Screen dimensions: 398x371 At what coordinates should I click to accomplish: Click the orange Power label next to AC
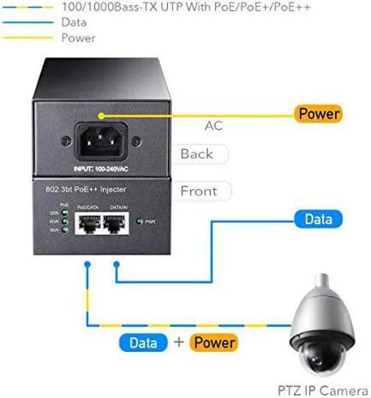coord(318,114)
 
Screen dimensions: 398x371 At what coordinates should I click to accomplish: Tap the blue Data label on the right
coord(318,218)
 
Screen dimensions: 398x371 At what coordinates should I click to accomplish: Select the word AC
coord(214,126)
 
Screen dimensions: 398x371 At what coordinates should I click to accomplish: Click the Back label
coord(197,154)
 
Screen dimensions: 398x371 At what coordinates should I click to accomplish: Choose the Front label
coord(198,191)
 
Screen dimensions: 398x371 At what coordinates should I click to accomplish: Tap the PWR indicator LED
coord(140,221)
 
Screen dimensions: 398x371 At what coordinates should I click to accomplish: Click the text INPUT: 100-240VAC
coord(101,169)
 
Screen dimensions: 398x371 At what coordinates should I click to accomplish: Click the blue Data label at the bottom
coord(144,343)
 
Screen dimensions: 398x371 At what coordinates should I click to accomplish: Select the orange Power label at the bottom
coord(214,343)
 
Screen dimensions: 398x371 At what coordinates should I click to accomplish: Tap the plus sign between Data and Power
coord(179,343)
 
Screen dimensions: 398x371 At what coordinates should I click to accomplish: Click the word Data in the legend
coord(74,23)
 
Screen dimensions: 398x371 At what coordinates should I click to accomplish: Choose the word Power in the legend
coord(78,38)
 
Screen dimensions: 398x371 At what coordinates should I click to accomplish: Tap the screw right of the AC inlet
coord(136,140)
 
